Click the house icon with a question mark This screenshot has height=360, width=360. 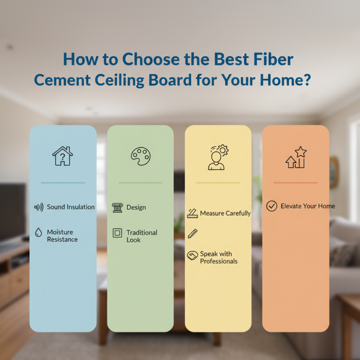coord(63,156)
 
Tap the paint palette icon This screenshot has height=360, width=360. coord(140,156)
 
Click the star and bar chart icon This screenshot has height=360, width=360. coord(296,157)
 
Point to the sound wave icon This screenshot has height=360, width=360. coord(39,207)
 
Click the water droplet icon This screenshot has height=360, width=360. coord(39,233)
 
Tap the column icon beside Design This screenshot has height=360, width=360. coord(117,207)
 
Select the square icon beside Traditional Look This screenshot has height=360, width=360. coord(117,233)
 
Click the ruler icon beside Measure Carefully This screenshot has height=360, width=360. coord(193,213)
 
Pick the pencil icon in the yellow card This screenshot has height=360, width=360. coord(193,234)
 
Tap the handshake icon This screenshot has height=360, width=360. coord(193,255)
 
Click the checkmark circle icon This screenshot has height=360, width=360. coord(271,206)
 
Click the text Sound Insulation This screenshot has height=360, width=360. coord(71,207)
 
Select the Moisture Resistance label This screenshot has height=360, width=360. coord(62,236)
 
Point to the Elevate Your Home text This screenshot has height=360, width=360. coord(308,206)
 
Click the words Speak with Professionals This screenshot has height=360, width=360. coord(219,257)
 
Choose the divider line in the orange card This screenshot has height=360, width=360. coord(296,183)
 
